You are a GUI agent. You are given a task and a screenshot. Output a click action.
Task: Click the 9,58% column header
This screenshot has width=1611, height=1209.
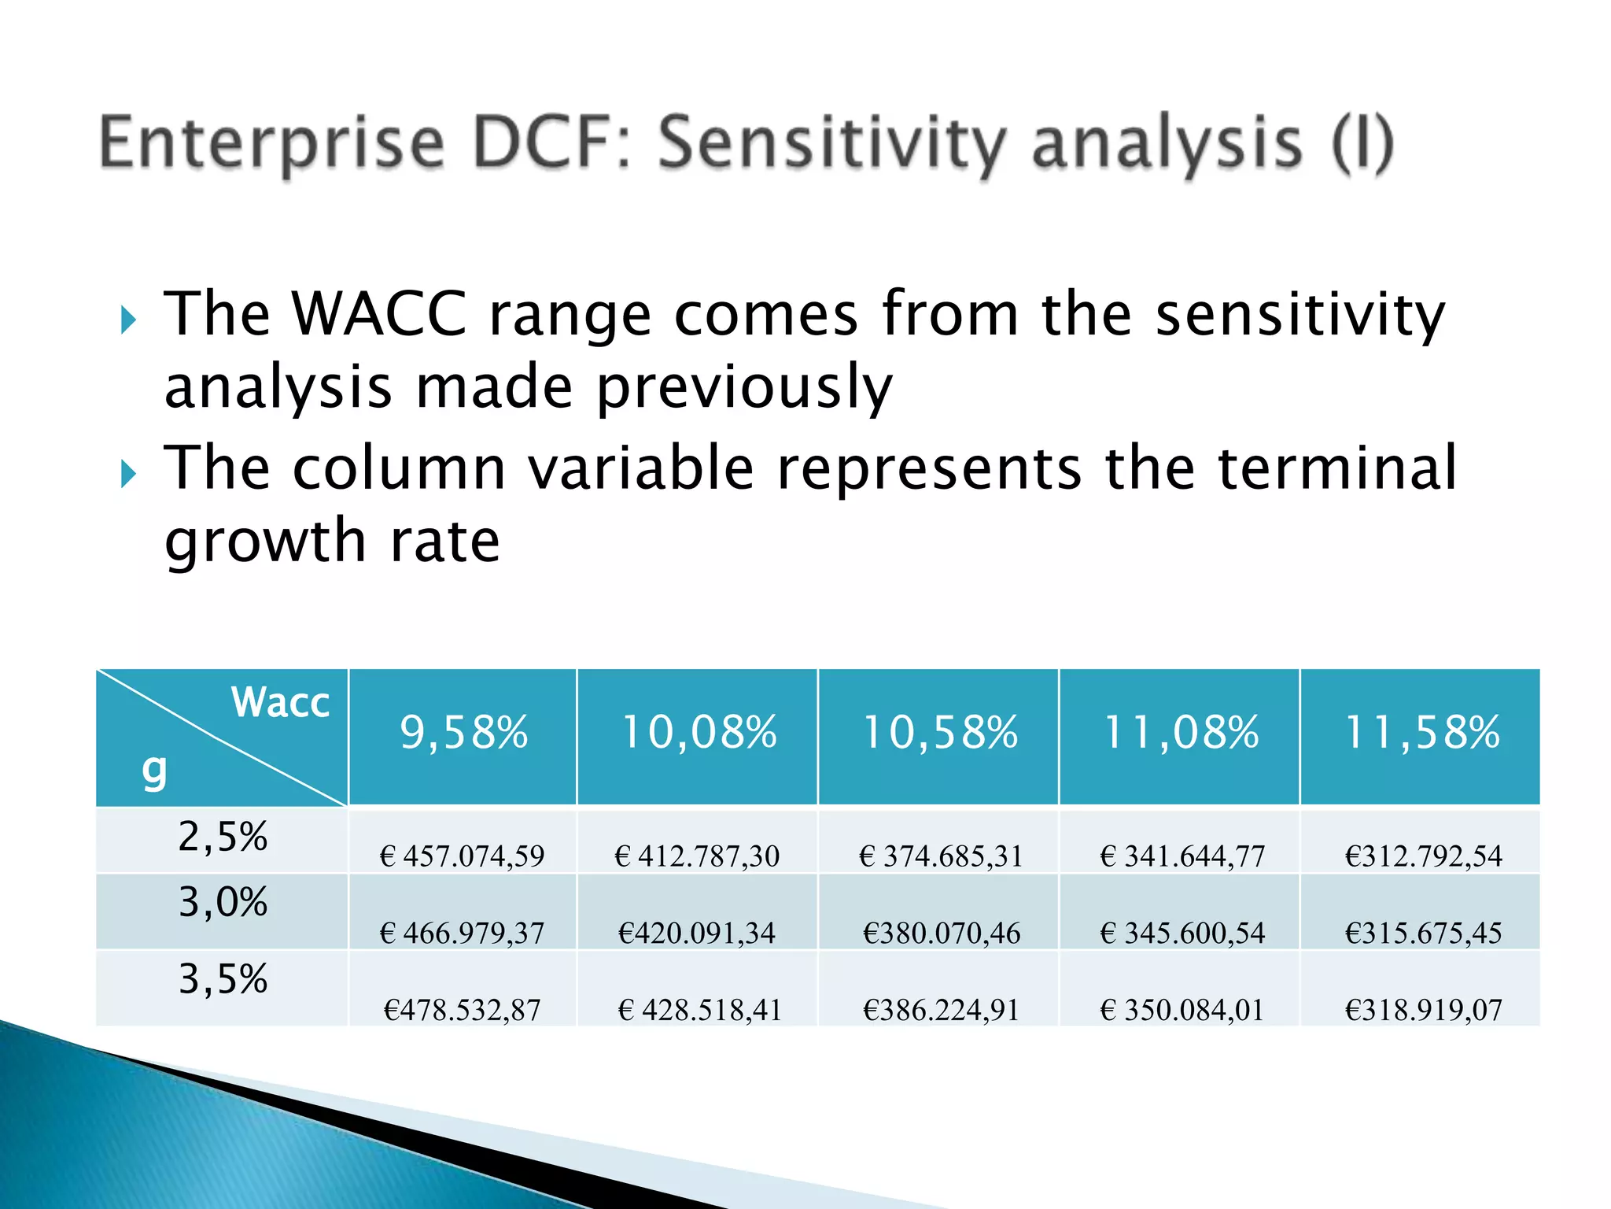[x=463, y=733]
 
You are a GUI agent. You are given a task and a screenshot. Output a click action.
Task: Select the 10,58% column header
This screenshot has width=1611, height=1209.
[x=940, y=733]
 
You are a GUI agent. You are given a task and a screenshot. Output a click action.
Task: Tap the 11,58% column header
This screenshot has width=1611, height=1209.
[x=1422, y=733]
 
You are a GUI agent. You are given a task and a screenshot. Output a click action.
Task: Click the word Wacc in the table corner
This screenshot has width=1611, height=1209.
[x=280, y=702]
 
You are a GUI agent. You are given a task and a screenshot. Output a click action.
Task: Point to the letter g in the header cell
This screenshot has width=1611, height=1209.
[x=154, y=770]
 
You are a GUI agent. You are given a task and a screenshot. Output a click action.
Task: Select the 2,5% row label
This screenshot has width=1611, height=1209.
[x=223, y=837]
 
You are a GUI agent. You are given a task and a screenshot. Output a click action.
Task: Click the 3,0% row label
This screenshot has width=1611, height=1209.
[x=223, y=903]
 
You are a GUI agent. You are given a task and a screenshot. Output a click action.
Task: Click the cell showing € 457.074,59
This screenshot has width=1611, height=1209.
[x=462, y=856]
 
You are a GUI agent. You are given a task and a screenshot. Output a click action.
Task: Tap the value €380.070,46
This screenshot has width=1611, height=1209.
[x=941, y=933]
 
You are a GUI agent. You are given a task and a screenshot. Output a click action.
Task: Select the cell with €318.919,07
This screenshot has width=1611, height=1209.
[x=1423, y=1010]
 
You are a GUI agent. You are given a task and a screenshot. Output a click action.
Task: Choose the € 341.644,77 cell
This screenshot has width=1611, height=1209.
[x=1182, y=856]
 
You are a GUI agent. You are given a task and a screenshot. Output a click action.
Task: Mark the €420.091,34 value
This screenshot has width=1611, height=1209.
[x=696, y=933]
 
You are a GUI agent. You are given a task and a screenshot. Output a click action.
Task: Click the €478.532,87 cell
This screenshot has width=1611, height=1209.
[x=462, y=1010]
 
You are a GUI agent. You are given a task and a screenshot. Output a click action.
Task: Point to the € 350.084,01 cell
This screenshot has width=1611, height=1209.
[x=1182, y=1010]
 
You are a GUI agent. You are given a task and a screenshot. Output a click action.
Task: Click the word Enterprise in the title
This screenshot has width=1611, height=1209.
[x=272, y=144]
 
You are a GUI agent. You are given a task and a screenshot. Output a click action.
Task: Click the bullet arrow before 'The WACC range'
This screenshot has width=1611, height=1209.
[x=129, y=320]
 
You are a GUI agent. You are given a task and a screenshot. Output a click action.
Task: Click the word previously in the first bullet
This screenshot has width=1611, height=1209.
[x=744, y=387]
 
